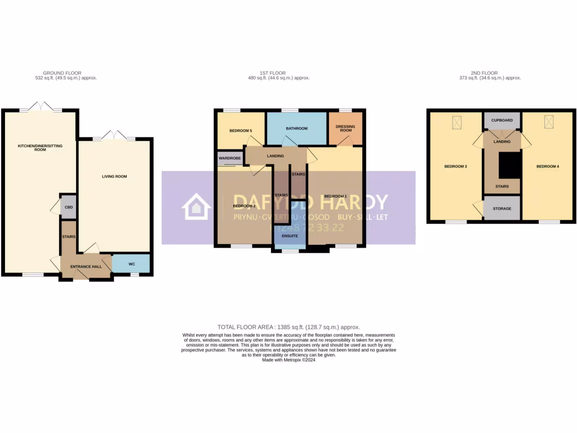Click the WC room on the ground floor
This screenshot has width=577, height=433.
tap(131, 263)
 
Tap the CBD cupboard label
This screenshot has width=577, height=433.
tap(69, 207)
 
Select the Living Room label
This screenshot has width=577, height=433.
tap(114, 176)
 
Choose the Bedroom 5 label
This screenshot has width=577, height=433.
tap(240, 131)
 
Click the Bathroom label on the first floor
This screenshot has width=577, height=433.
tap(296, 129)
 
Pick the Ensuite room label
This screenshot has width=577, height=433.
tap(290, 236)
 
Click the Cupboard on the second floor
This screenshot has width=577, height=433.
tap(501, 120)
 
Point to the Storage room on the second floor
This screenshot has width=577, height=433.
tap(501, 209)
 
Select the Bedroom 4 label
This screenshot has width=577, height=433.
tap(547, 166)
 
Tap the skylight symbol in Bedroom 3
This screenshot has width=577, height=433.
tap(456, 121)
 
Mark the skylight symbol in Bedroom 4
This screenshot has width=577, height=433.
tap(548, 121)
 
